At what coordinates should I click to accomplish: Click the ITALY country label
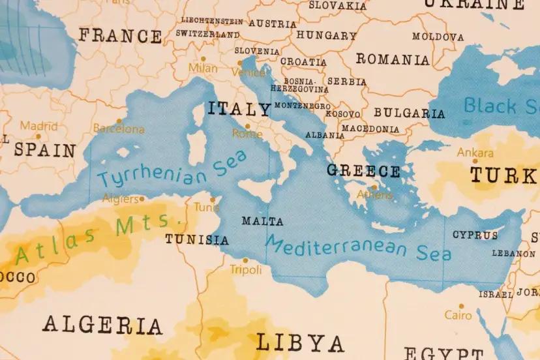tap(239, 108)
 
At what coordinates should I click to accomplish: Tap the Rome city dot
tap(247, 127)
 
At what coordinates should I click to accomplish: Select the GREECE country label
tap(363, 171)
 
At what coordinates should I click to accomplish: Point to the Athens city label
tap(375, 194)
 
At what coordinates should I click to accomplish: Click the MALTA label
tap(262, 221)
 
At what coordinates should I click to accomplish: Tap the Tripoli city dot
tap(245, 260)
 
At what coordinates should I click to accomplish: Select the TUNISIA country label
tap(196, 239)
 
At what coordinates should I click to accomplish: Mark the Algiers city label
tap(121, 198)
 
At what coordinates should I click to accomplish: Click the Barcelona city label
tap(119, 129)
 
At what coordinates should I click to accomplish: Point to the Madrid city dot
tap(38, 137)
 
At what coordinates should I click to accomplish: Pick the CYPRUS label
tap(475, 235)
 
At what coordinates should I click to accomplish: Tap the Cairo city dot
tap(461, 306)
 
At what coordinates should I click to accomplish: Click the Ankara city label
tap(475, 153)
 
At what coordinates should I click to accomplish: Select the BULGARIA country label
tap(409, 113)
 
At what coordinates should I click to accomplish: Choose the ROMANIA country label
tap(393, 59)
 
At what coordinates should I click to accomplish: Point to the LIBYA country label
tap(299, 342)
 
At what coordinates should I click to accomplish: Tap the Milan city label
tap(203, 68)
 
